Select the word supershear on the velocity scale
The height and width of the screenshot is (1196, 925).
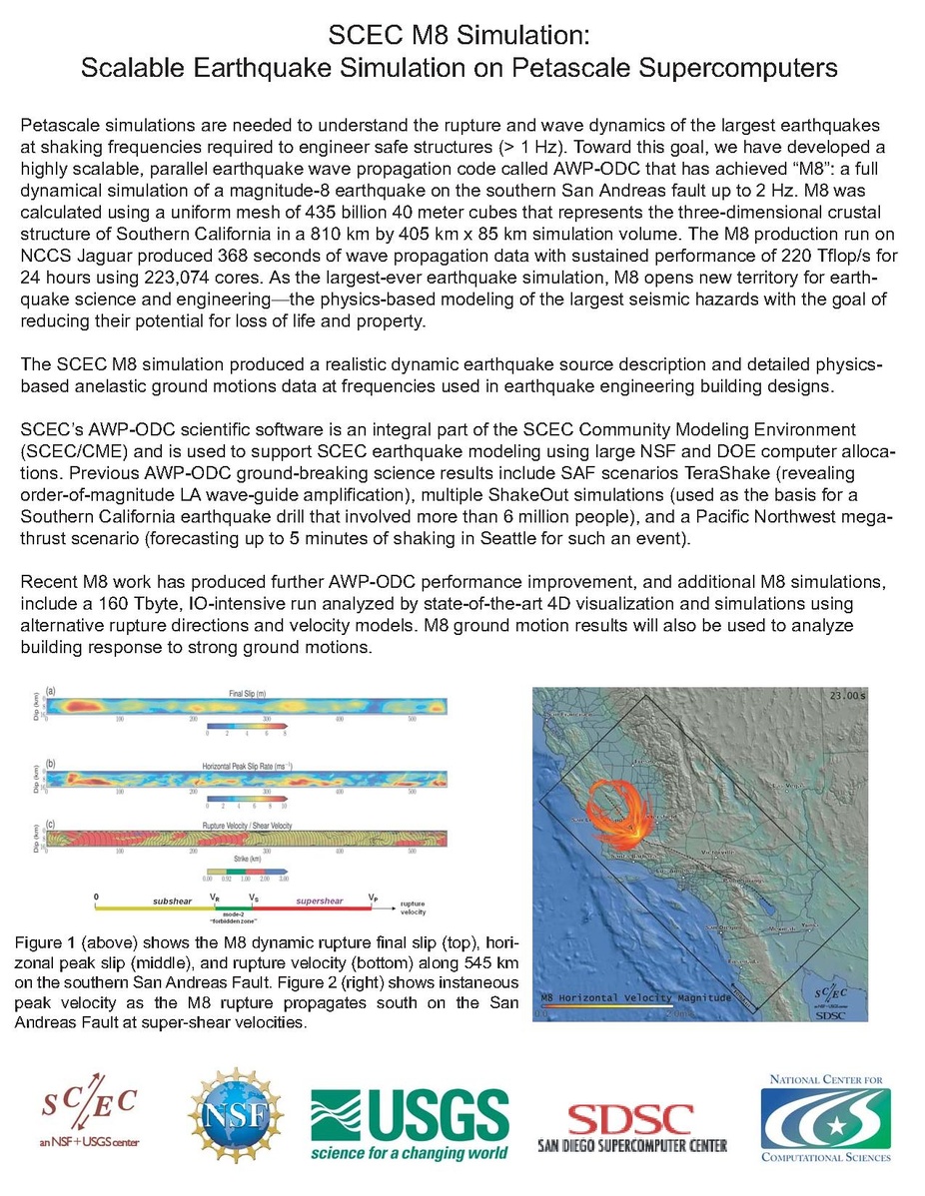[x=319, y=900]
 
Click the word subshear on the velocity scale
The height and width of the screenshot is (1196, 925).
[x=172, y=900]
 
